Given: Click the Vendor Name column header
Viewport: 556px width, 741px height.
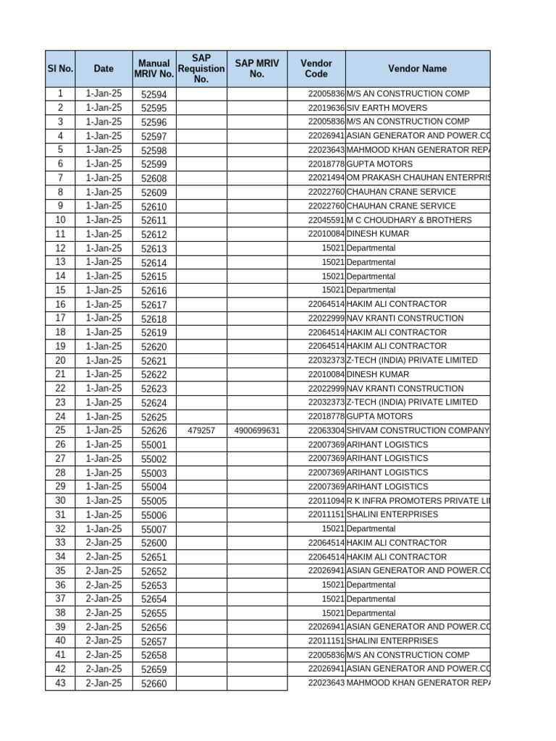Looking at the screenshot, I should tap(417, 69).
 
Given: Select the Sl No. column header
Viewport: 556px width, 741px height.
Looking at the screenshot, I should tap(60, 69).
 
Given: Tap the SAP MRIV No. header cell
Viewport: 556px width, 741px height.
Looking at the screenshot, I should tap(257, 69).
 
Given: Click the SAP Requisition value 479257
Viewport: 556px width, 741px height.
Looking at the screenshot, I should tap(201, 431).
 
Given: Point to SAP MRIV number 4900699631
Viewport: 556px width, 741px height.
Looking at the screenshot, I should tap(257, 431).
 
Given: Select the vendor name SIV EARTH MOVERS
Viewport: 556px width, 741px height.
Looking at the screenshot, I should tap(387, 108).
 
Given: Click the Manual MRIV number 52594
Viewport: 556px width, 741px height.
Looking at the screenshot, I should tap(153, 94).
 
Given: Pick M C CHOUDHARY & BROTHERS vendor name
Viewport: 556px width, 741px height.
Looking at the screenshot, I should tap(409, 220).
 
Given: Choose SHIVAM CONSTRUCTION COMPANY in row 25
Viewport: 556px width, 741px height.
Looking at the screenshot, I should tap(418, 431).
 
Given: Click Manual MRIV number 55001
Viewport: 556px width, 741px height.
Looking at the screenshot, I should tap(153, 445).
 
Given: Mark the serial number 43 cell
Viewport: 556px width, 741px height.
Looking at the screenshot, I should tap(60, 683).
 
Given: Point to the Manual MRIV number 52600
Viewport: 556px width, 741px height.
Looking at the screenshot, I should tap(153, 543).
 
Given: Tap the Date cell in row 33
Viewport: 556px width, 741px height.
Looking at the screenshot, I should tap(104, 543).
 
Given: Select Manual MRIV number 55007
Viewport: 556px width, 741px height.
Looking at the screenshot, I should tap(153, 529).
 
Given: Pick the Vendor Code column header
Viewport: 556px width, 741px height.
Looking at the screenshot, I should tap(316, 69).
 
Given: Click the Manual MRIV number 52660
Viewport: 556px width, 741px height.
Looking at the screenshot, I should tap(153, 683).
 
